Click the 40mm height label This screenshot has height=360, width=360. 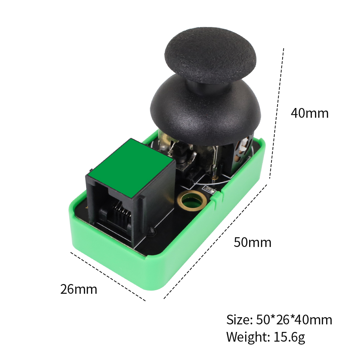[310, 113]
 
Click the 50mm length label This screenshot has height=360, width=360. [253, 242]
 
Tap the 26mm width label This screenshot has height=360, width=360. [79, 289]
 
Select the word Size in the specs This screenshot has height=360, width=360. [239, 320]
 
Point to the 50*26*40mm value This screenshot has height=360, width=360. [294, 320]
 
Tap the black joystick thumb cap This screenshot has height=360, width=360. [210, 55]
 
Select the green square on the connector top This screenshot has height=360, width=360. [131, 168]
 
